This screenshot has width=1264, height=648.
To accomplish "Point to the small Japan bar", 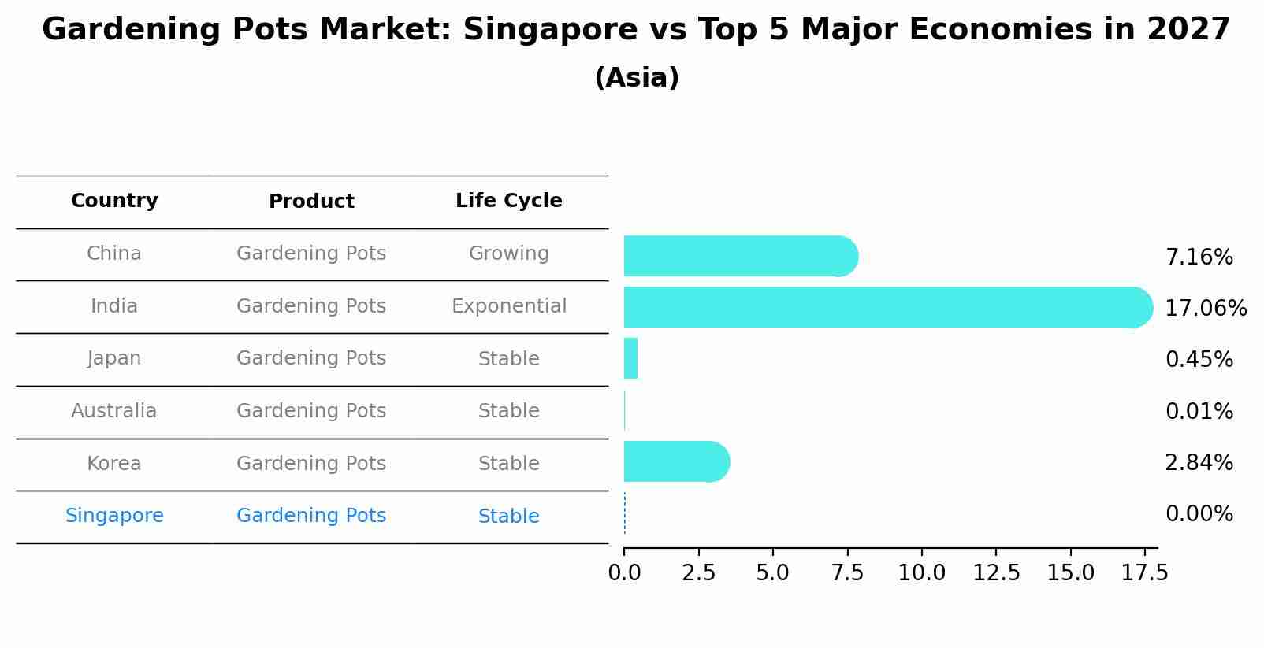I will pyautogui.click(x=630, y=358).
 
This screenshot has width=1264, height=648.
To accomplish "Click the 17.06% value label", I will pyautogui.click(x=1205, y=308).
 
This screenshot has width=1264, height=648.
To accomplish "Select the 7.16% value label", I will pyautogui.click(x=1199, y=257).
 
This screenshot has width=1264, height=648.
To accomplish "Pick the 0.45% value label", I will pyautogui.click(x=1199, y=359).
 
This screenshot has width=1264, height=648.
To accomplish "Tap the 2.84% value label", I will pyautogui.click(x=1199, y=462).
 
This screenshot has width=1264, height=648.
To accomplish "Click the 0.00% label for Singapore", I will pyautogui.click(x=1199, y=514).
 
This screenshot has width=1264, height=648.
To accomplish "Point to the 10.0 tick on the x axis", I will pyautogui.click(x=921, y=573).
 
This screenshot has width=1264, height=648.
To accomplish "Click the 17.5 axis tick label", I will pyautogui.click(x=1144, y=573).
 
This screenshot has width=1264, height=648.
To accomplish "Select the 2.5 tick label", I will pyautogui.click(x=698, y=573).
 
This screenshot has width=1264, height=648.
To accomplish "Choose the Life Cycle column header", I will pyautogui.click(x=508, y=201).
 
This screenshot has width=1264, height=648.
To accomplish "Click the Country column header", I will pyautogui.click(x=114, y=201).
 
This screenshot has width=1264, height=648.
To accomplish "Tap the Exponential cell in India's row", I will pyautogui.click(x=508, y=306).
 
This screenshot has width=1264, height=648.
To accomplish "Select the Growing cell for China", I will pyautogui.click(x=508, y=254).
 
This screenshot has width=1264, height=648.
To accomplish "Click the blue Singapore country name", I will pyautogui.click(x=114, y=516).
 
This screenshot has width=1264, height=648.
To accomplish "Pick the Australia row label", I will pyautogui.click(x=114, y=411).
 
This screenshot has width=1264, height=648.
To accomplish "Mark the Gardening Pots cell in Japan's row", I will pyautogui.click(x=311, y=358).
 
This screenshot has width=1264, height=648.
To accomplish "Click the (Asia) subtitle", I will pyautogui.click(x=636, y=78).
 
